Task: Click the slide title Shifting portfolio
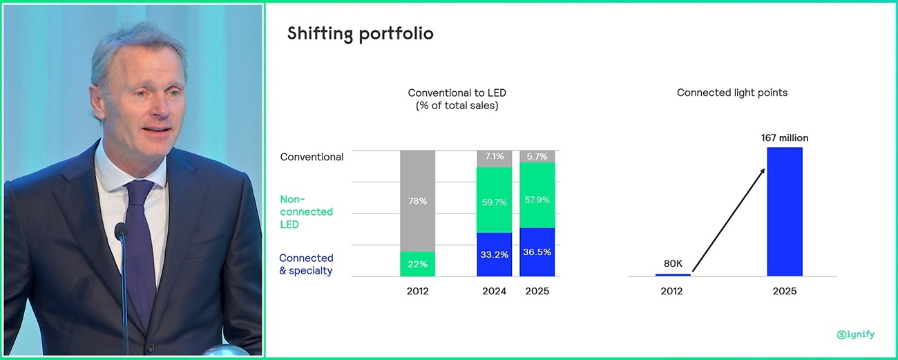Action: (360, 34)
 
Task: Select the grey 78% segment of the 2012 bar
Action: (417, 200)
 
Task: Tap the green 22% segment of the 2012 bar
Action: (417, 264)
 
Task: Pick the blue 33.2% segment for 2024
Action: (494, 254)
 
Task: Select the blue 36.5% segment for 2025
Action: (537, 252)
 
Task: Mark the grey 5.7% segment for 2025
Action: (537, 157)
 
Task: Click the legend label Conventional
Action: (312, 157)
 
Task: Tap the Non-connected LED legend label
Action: (306, 211)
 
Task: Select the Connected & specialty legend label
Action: (306, 264)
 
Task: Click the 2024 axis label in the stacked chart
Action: (494, 291)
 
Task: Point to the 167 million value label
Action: (784, 138)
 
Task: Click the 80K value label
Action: (673, 263)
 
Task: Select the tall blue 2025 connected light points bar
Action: (785, 211)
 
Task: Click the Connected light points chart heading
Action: (732, 93)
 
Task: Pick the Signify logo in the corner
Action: (855, 334)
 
